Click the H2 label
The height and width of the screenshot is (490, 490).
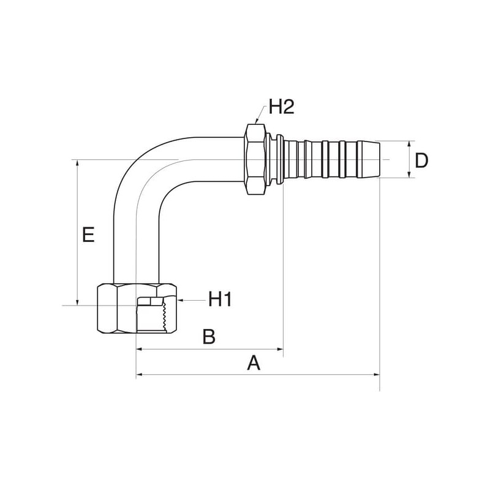point(282,107)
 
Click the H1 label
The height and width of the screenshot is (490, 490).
point(221,299)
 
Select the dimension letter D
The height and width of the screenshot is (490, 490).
point(421,161)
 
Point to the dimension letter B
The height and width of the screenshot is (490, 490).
point(209,336)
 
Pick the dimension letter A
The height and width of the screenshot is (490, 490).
point(254,363)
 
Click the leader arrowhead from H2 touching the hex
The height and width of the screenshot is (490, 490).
point(257,122)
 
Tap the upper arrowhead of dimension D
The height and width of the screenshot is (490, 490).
point(409,143)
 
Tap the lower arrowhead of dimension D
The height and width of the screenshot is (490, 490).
point(409,175)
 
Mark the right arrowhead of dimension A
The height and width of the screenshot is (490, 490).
point(377,374)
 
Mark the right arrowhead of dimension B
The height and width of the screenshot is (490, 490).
point(281,349)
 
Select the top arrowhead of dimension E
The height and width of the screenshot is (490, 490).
point(77,162)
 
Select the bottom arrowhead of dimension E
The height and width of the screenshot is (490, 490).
point(77,303)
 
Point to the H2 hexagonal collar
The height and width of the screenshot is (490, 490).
point(255,159)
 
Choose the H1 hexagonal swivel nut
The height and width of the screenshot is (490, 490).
point(137,309)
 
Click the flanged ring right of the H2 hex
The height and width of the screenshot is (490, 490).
point(280,159)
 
